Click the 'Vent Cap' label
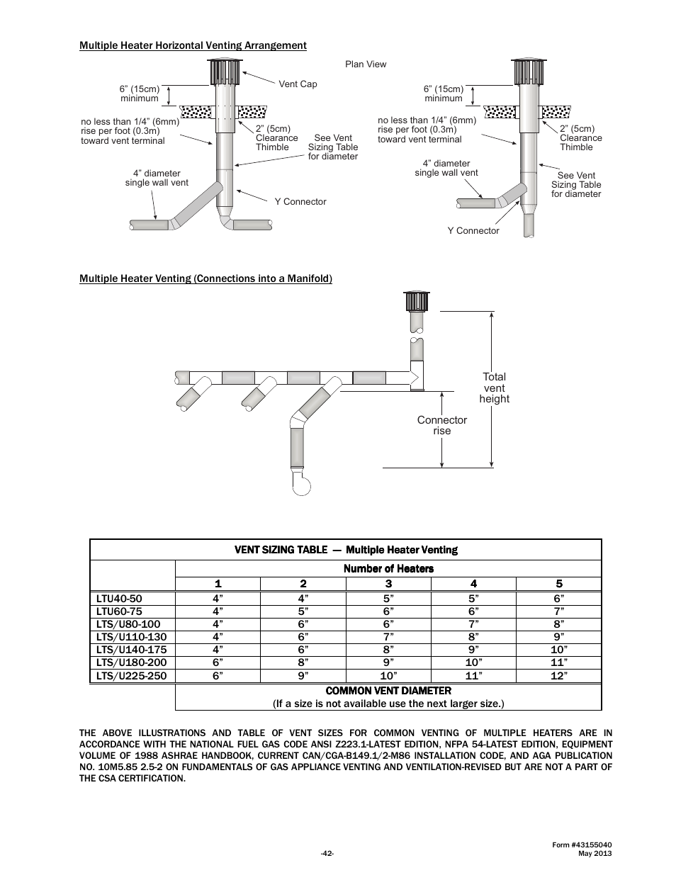click(298, 84)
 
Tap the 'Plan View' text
click(366, 64)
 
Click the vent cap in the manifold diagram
click(416, 301)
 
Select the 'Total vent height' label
click(494, 388)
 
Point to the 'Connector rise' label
click(441, 425)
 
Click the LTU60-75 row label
click(119, 611)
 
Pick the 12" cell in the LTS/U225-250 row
click(558, 676)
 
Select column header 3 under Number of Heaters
click(388, 584)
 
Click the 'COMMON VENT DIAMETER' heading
click(388, 690)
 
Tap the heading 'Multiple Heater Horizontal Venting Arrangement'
click(193, 45)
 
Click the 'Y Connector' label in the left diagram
click(300, 202)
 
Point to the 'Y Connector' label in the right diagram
click(473, 231)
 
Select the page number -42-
click(327, 853)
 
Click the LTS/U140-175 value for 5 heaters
click(558, 650)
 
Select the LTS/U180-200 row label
click(128, 662)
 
